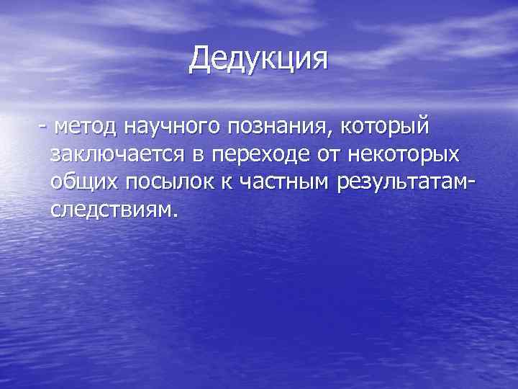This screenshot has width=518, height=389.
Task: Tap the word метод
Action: (85, 128)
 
